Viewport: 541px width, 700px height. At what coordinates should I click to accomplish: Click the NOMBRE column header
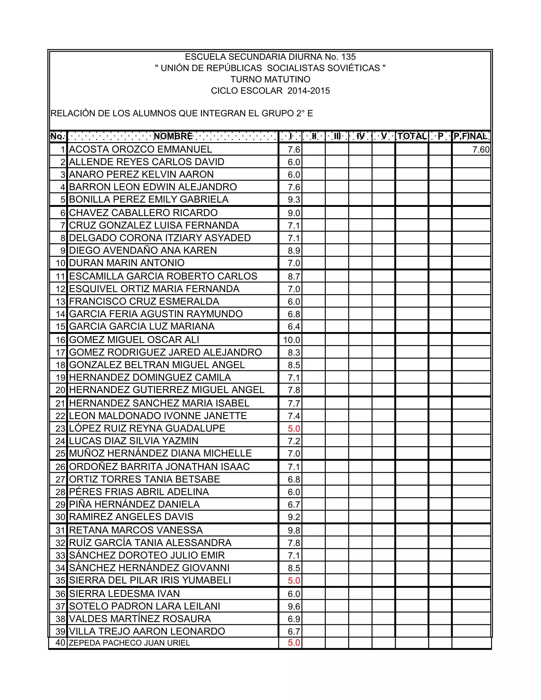point(173,136)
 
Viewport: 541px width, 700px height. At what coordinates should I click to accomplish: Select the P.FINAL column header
point(471,136)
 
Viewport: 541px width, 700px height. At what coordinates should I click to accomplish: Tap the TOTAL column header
point(412,136)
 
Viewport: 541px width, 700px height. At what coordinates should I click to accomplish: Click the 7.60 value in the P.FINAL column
point(481,150)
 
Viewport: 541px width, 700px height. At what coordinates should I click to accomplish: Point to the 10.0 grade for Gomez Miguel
point(292,340)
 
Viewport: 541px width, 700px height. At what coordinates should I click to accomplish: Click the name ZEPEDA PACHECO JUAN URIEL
point(129,643)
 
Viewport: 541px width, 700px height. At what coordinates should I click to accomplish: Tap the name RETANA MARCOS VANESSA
point(136,530)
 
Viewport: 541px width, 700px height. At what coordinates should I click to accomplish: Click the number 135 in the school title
point(348,57)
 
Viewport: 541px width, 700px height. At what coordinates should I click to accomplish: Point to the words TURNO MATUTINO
point(270,79)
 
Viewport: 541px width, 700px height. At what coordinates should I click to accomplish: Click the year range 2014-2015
point(309,91)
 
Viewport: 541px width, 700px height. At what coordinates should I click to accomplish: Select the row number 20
point(60,390)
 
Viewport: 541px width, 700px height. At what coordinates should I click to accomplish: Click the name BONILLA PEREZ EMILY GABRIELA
point(149,199)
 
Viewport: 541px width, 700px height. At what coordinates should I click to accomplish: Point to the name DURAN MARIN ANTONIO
point(127,263)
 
